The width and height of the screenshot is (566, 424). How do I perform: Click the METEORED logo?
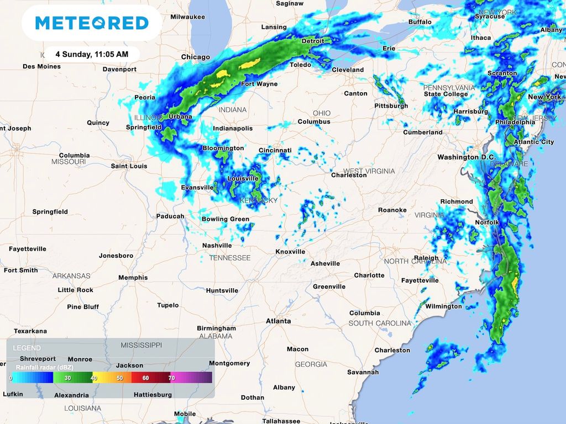point(92,23)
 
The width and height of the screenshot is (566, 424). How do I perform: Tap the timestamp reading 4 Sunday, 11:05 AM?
point(92,55)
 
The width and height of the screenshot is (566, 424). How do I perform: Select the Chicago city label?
point(196,57)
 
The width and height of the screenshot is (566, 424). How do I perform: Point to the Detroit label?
point(312,41)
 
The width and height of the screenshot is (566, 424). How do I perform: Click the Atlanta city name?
point(278,321)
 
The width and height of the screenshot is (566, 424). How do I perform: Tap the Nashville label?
point(217,245)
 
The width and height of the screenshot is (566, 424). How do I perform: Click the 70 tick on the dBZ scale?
point(171,378)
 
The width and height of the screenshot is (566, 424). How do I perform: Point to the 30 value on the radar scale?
point(67,378)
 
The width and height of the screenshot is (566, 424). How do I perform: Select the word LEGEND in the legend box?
point(27,348)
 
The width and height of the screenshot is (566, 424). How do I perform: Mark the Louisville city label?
point(243,178)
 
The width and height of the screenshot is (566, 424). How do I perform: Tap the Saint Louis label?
point(129,166)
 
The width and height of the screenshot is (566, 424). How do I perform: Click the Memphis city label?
point(133,278)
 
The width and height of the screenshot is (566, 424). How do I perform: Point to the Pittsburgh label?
point(391,105)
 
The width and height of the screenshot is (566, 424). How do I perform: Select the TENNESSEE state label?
point(229,258)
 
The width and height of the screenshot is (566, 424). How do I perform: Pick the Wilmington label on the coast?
point(443,306)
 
